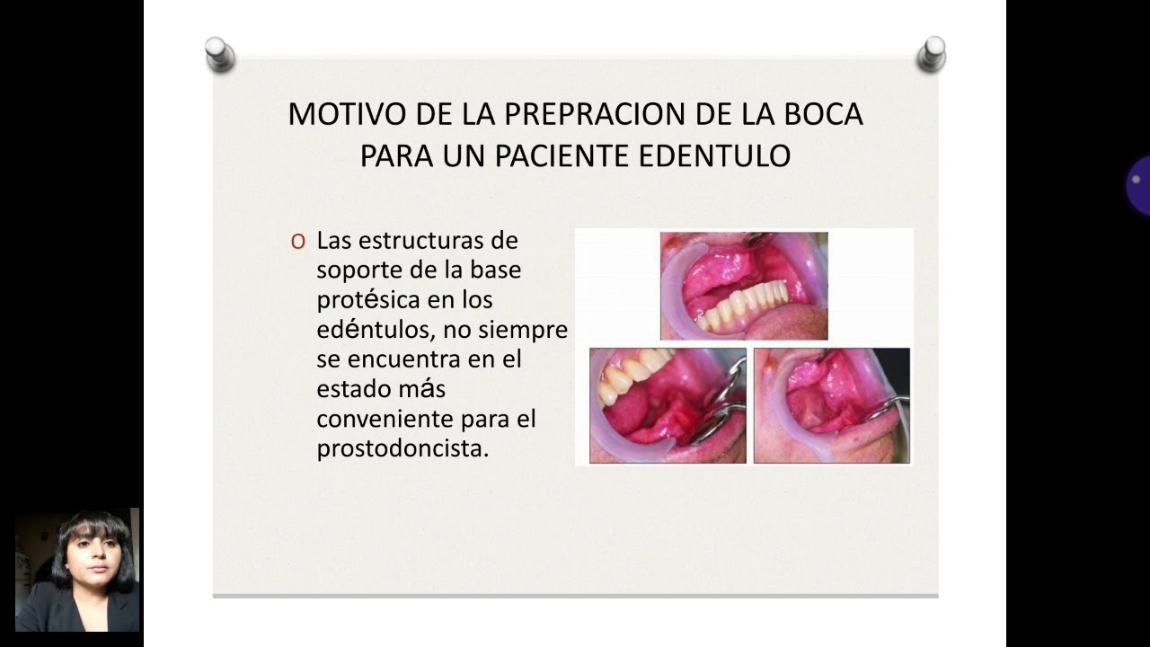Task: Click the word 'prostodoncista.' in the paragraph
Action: pyautogui.click(x=402, y=448)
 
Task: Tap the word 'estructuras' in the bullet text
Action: pyautogui.click(x=418, y=241)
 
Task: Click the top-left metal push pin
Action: pyautogui.click(x=218, y=54)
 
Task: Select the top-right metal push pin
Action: pyautogui.click(x=931, y=54)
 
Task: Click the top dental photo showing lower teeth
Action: pyautogui.click(x=744, y=286)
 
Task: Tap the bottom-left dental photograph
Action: pyautogui.click(x=668, y=405)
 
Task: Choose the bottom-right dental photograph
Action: pyautogui.click(x=831, y=405)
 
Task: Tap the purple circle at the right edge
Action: pyautogui.click(x=1139, y=185)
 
